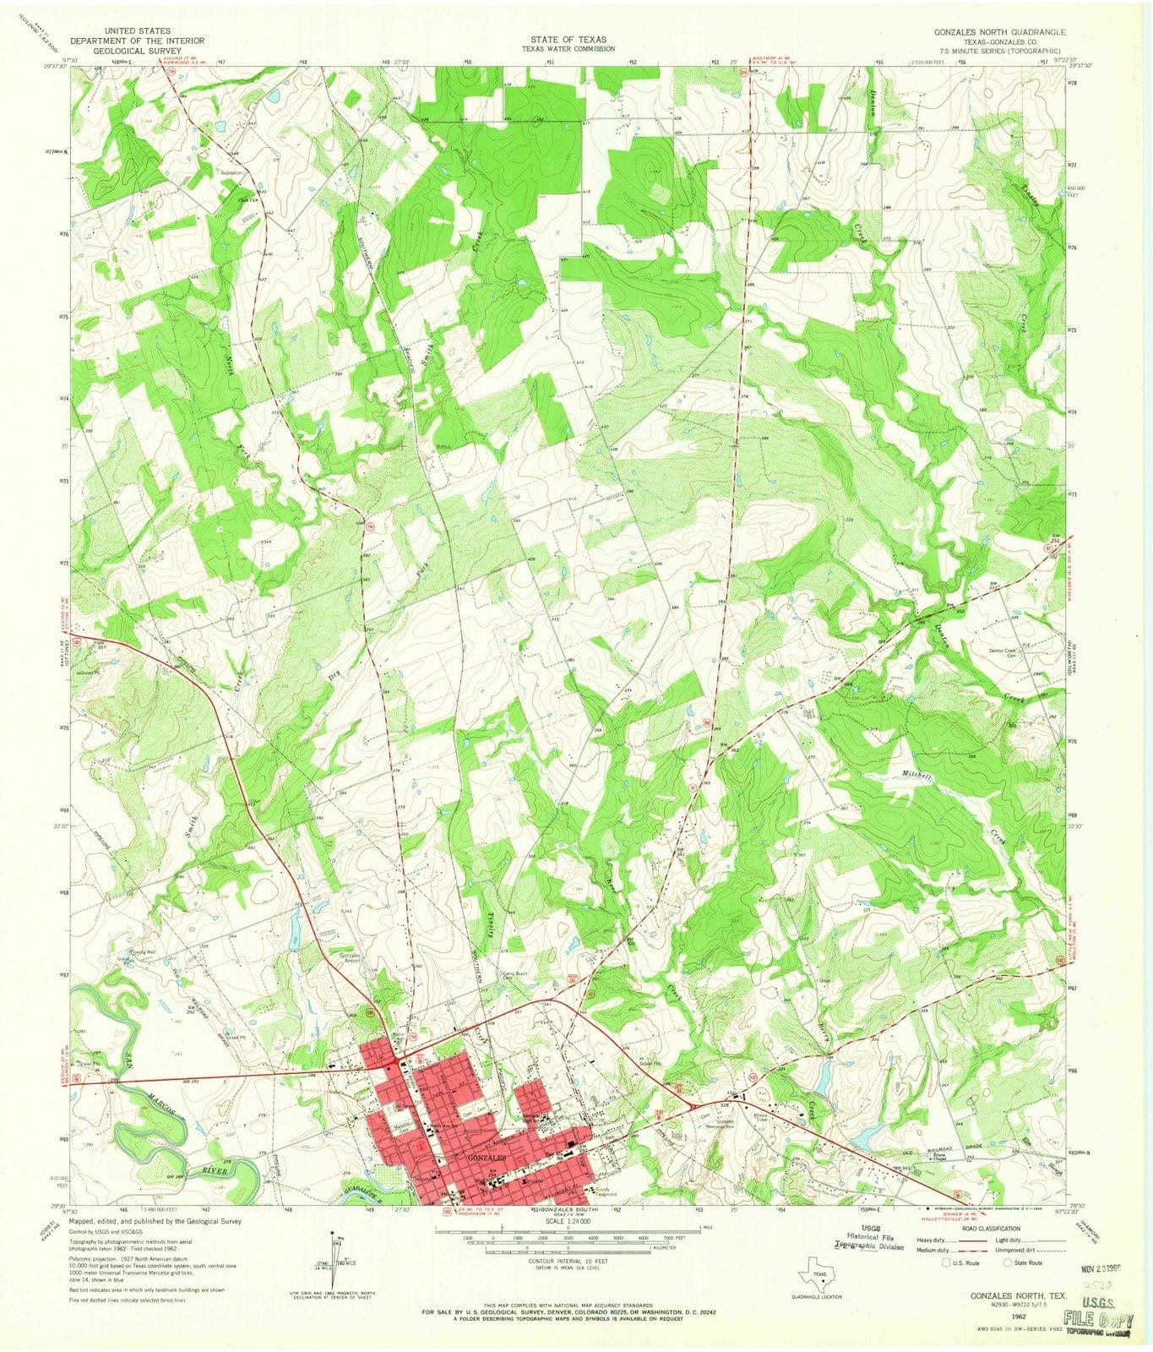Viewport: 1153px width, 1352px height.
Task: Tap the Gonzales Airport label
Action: (350, 958)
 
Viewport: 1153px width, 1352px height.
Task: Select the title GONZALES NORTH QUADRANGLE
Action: (999, 31)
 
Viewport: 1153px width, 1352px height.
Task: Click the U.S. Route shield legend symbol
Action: (947, 1262)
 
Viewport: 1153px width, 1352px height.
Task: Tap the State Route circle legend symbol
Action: (1008, 1262)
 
